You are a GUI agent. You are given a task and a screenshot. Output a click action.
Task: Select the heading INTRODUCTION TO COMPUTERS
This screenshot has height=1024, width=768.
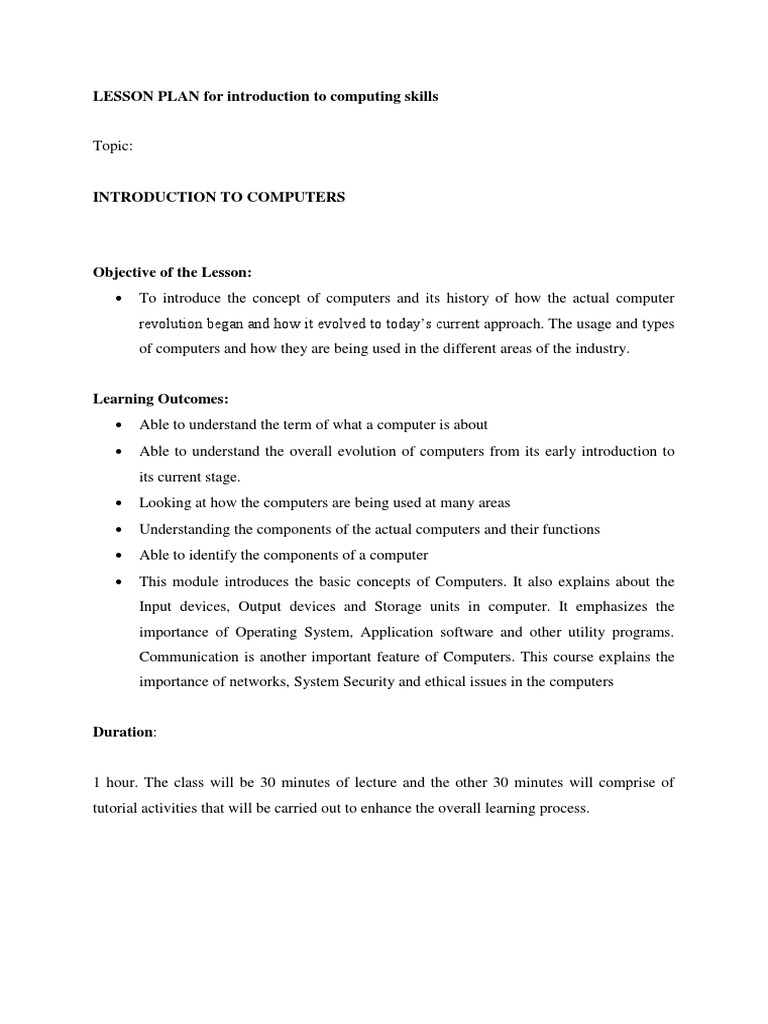pos(219,197)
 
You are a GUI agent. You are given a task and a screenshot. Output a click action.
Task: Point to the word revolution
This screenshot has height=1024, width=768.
pos(171,324)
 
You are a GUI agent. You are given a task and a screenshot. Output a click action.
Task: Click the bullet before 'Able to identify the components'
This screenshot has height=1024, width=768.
pos(119,555)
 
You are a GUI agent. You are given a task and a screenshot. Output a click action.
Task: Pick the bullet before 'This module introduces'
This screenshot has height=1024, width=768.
pos(119,581)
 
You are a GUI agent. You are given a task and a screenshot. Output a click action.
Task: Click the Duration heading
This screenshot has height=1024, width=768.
pos(123,732)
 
